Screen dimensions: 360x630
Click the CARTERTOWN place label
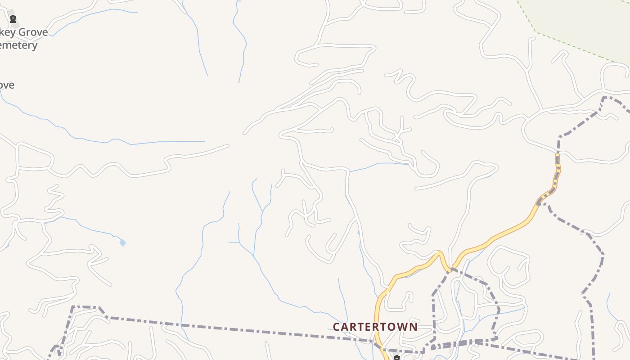coord(375,327)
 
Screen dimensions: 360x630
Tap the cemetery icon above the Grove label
coord(13,19)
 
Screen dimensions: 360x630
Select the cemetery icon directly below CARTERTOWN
coord(396,358)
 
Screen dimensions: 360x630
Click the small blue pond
coord(122,243)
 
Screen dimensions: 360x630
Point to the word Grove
coord(33,33)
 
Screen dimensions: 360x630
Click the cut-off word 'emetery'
coord(18,45)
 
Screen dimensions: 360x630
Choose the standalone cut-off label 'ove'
coord(7,85)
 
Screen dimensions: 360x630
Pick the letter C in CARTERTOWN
coord(337,327)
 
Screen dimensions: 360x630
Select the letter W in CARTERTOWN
coord(403,327)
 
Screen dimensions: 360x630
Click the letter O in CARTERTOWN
coord(393,327)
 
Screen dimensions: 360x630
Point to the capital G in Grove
coord(22,33)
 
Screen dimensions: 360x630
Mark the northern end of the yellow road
coord(558,155)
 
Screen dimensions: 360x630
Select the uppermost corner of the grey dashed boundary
coord(604,97)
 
